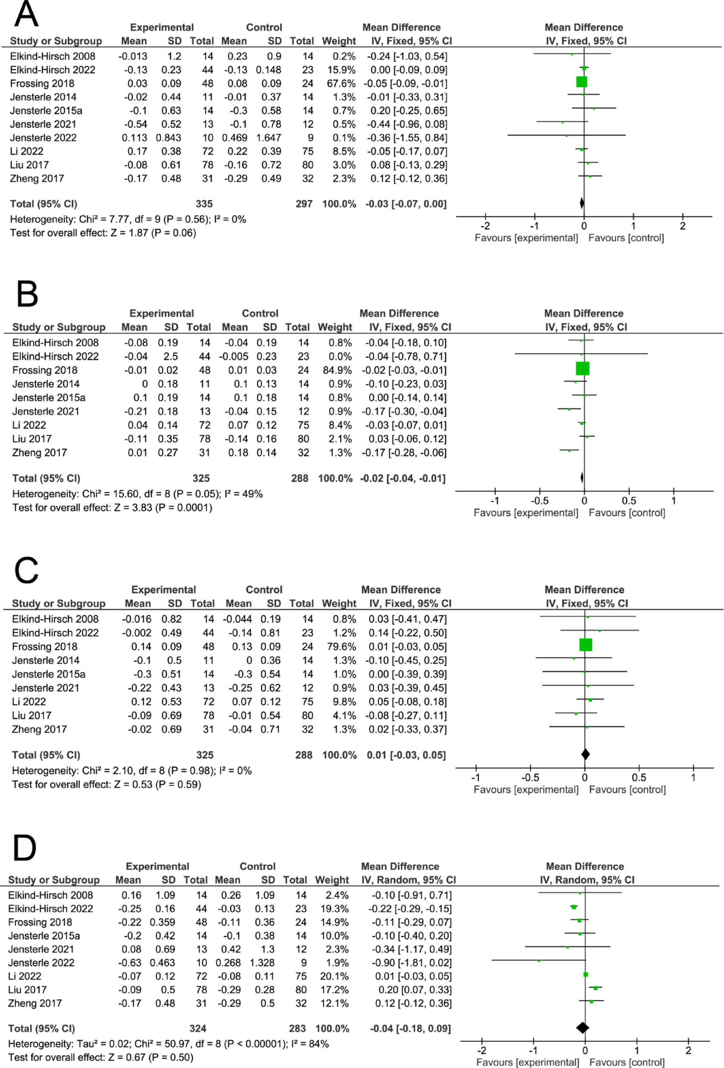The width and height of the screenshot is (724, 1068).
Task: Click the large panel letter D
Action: [25, 848]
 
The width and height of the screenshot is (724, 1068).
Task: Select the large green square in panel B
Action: [582, 369]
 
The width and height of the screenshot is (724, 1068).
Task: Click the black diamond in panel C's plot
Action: [585, 754]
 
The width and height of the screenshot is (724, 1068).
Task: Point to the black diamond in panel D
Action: [582, 1028]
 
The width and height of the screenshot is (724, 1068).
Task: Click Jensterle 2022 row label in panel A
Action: [43, 138]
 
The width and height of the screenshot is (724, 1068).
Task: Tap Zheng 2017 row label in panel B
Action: [40, 453]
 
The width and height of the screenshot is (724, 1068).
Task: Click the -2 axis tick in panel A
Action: [485, 226]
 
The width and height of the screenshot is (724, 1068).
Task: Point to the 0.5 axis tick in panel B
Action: [629, 501]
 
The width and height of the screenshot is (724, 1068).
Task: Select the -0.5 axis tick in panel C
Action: [530, 778]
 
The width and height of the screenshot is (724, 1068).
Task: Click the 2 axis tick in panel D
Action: [688, 1050]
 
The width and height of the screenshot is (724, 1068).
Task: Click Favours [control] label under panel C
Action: [627, 789]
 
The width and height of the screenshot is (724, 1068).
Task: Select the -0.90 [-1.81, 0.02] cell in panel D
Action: [410, 963]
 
